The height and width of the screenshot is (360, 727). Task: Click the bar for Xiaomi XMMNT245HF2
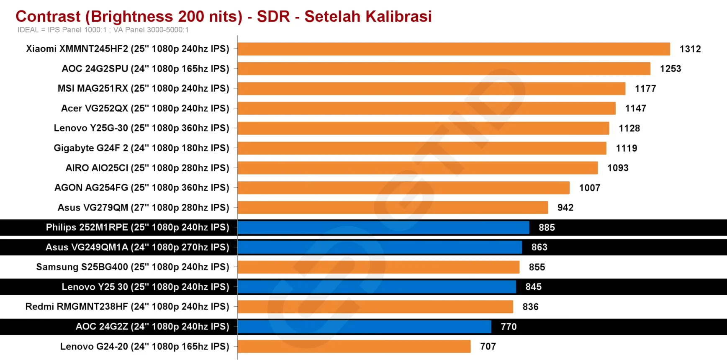[x=453, y=49]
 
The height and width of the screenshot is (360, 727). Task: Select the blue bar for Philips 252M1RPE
[x=383, y=227]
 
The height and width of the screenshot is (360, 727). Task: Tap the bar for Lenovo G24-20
[x=354, y=346]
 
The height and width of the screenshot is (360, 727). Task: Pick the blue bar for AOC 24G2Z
[x=364, y=327]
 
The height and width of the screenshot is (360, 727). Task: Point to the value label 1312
[x=690, y=49]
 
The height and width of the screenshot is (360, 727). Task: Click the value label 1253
[x=670, y=69]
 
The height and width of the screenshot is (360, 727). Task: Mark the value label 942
[x=565, y=208]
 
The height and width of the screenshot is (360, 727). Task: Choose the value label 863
[x=539, y=247]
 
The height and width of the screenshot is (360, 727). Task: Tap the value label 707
[x=488, y=346]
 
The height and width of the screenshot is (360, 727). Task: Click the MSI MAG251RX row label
[x=143, y=88]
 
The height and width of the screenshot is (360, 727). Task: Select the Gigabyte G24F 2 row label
[x=141, y=148]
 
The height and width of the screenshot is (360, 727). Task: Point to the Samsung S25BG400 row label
[x=132, y=267]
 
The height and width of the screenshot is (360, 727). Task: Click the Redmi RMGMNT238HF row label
[x=127, y=306]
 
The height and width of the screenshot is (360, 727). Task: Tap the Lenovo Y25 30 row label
[x=145, y=287]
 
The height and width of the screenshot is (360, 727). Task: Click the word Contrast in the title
[x=48, y=16]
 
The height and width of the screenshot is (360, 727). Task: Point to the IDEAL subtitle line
[x=103, y=30]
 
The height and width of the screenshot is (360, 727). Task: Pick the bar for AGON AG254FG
[x=403, y=188]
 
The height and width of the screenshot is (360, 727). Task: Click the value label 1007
[x=589, y=188]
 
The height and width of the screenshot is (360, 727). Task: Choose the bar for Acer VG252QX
[x=426, y=108]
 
